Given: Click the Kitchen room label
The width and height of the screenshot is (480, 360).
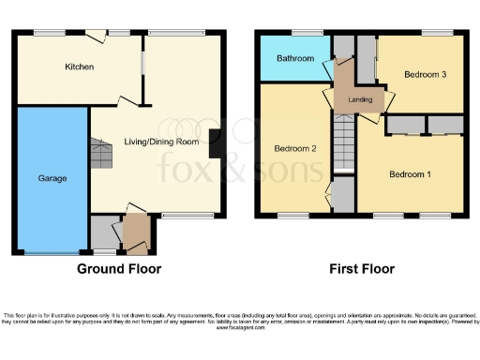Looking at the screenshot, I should click(x=80, y=67).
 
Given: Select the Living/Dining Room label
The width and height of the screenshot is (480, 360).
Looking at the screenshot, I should click(x=162, y=142).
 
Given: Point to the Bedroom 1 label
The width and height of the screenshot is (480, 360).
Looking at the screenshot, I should click(x=411, y=174).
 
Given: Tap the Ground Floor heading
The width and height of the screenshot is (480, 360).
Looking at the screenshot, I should click(x=119, y=269).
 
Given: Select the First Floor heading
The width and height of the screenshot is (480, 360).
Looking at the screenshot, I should click(x=361, y=269).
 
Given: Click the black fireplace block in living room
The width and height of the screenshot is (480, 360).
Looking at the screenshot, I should click(x=215, y=143).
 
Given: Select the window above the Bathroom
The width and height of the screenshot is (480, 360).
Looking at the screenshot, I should click(x=305, y=34).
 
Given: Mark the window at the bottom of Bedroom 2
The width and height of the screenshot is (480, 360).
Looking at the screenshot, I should click(x=292, y=217).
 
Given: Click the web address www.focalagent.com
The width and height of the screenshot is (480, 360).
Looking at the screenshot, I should click(x=240, y=328).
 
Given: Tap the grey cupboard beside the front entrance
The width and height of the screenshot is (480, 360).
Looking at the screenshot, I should click(x=106, y=232).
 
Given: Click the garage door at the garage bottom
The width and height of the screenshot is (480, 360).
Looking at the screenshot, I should click(x=51, y=253).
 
